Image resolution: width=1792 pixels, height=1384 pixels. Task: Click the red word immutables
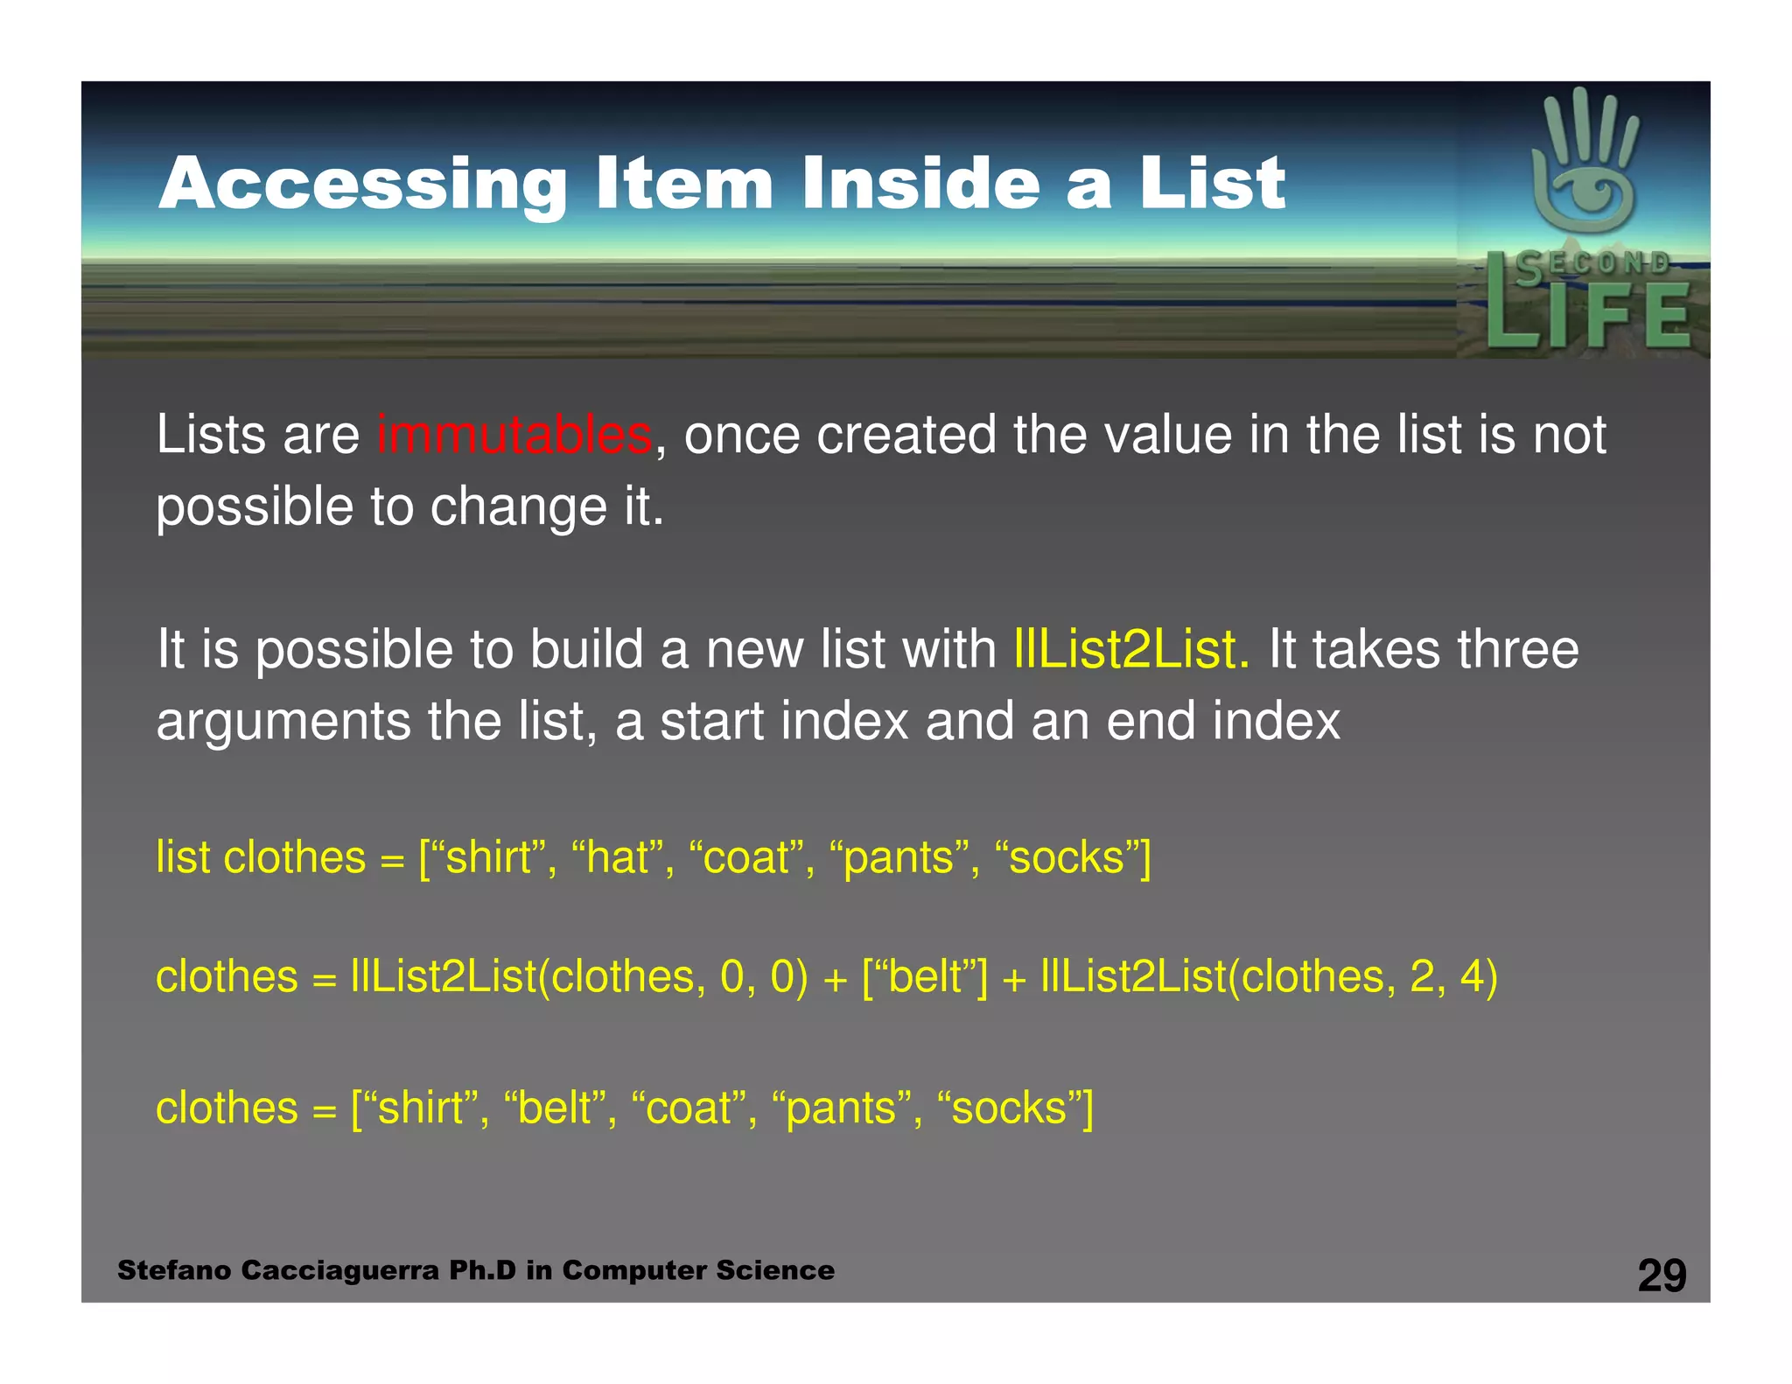(x=514, y=435)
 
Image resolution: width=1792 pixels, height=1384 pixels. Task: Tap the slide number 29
(x=1662, y=1276)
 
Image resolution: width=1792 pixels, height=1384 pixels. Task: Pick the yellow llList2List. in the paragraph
(x=1131, y=650)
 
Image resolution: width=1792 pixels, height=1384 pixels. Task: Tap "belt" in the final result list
(x=555, y=1108)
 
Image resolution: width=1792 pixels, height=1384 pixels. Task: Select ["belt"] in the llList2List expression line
(x=925, y=976)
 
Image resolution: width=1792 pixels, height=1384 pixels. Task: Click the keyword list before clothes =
(x=183, y=857)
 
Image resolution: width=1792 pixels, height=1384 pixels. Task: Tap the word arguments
(x=283, y=722)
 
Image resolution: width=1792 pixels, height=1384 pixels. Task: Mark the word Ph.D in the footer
(x=482, y=1270)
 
